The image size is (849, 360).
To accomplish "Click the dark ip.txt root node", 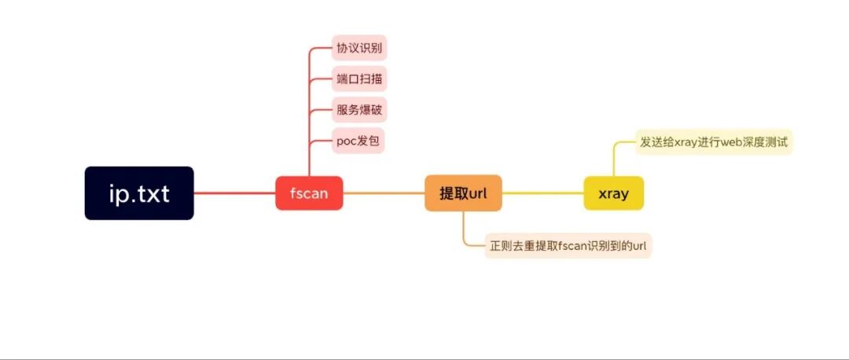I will [x=139, y=193].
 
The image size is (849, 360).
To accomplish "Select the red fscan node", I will [x=309, y=193].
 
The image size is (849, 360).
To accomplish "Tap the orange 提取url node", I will [x=463, y=193].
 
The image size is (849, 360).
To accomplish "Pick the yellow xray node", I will [x=613, y=193].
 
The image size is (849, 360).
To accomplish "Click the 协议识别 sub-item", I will [x=359, y=48].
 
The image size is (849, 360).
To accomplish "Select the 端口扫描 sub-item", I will [x=359, y=79].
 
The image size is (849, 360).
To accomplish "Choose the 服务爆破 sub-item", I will [x=359, y=109].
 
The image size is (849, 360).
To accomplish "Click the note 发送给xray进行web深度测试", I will [x=714, y=142].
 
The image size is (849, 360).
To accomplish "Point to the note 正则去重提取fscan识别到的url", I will [x=568, y=246].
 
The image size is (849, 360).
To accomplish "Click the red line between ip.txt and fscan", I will [x=234, y=193].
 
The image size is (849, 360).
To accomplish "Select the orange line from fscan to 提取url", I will [x=384, y=193].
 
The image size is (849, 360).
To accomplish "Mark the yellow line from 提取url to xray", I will [x=542, y=193].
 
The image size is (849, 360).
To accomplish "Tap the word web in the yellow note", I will [x=734, y=142].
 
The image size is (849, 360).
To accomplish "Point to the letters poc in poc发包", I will [x=347, y=141].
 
